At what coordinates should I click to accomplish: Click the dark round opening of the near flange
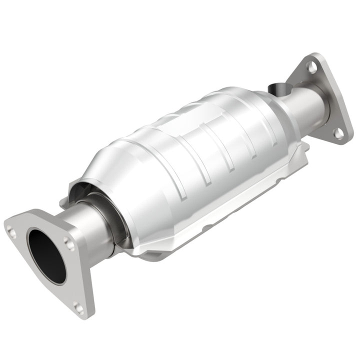(x=46, y=255)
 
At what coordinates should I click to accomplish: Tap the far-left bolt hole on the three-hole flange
(x=11, y=231)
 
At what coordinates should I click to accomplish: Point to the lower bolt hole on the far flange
(x=338, y=132)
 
